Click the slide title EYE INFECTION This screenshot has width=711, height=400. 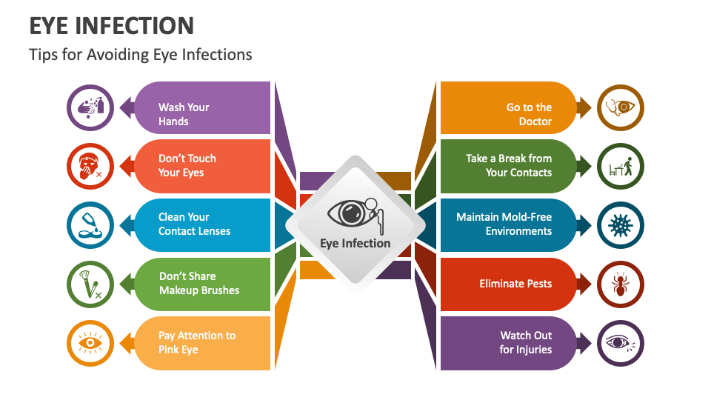tap(112, 25)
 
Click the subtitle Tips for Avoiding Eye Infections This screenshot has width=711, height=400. tap(141, 55)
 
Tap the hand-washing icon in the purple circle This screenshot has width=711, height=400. tap(90, 108)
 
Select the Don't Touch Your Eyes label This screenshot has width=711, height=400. tap(187, 165)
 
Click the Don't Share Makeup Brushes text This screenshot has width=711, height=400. tap(199, 283)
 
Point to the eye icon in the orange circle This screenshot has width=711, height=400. tap(90, 343)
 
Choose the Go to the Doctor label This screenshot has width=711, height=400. tap(529, 114)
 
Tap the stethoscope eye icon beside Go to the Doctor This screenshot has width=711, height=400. tap(620, 108)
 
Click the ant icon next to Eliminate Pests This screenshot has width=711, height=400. tap(620, 284)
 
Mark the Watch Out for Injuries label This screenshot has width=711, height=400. tap(526, 342)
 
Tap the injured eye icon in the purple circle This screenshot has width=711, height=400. tap(620, 343)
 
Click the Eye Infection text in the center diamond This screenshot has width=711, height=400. tap(355, 243)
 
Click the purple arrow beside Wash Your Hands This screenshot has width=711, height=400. tap(127, 108)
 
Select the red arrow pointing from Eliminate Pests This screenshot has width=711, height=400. tap(584, 284)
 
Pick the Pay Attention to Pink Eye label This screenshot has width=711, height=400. tap(197, 342)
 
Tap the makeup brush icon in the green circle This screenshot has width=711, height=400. tap(90, 284)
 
